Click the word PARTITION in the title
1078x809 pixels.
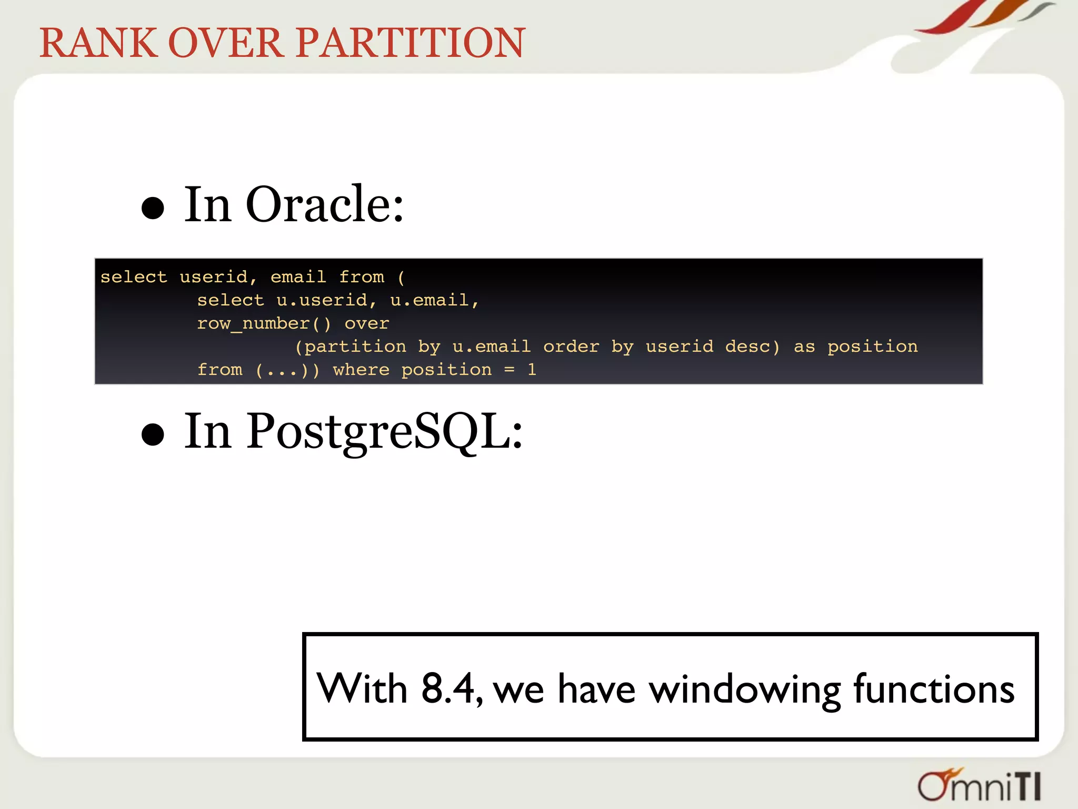point(411,43)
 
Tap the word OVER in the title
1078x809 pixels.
point(225,43)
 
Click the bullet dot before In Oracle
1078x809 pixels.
point(153,208)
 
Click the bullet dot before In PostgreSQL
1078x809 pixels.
point(153,435)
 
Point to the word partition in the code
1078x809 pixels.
point(355,347)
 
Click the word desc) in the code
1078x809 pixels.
point(752,347)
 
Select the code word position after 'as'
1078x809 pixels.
point(872,347)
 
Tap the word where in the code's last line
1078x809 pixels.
point(361,370)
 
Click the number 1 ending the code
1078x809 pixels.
point(532,370)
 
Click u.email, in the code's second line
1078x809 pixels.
point(434,300)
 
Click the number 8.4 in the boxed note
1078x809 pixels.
point(448,688)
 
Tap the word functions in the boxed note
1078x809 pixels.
point(933,688)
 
